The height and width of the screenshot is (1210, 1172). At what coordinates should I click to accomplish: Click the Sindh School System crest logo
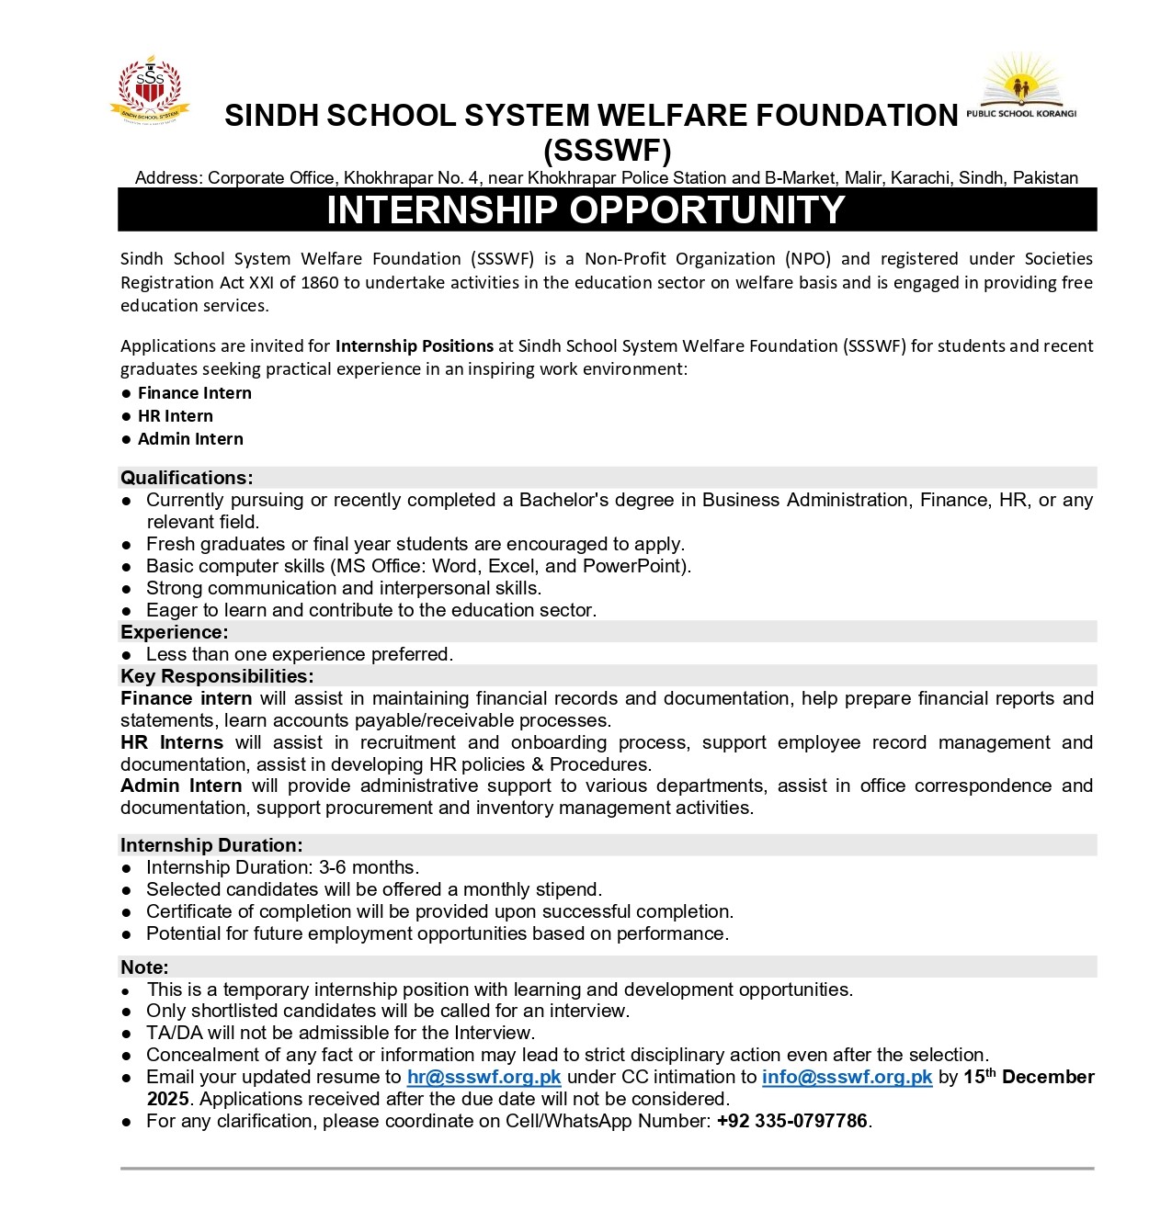(x=150, y=90)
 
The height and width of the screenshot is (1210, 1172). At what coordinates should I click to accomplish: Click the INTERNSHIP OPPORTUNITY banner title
(x=586, y=210)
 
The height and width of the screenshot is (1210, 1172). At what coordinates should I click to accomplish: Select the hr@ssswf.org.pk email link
(x=484, y=1077)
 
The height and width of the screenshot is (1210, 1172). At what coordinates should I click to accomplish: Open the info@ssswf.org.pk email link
(x=847, y=1077)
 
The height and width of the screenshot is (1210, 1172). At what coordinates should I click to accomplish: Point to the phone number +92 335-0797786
(x=791, y=1121)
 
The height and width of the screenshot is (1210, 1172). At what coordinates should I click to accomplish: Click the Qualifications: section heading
(x=187, y=478)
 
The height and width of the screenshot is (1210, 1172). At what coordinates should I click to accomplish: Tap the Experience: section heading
(x=175, y=632)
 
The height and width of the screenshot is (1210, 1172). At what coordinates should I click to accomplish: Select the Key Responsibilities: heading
(x=217, y=676)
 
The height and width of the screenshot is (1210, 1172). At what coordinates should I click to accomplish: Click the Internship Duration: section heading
(x=211, y=845)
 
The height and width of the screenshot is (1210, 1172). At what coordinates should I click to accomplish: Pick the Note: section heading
(x=144, y=967)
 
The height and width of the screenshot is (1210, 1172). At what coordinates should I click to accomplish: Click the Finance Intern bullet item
(x=194, y=393)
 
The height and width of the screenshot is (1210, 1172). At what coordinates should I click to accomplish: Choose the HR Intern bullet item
(x=175, y=416)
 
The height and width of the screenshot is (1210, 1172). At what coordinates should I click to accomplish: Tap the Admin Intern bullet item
(x=190, y=439)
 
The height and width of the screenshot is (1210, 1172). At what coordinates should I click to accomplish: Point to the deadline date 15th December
(x=1029, y=1077)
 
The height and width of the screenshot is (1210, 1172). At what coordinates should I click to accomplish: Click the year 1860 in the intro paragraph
(x=320, y=283)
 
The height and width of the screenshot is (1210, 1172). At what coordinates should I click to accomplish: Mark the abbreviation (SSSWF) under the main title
(x=608, y=151)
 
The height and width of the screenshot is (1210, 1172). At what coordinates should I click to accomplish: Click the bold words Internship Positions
(x=415, y=346)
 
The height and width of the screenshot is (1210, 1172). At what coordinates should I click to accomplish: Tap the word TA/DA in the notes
(x=174, y=1033)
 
